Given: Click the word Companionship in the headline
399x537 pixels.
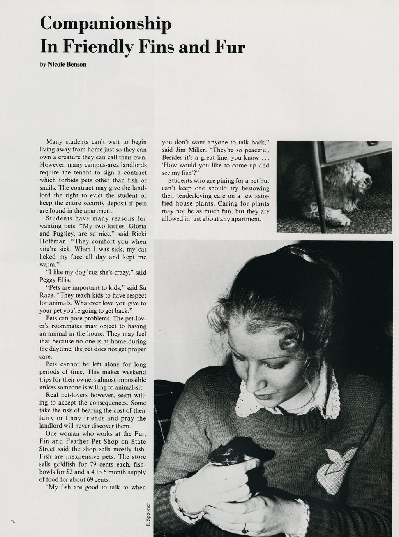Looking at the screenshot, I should (106, 24).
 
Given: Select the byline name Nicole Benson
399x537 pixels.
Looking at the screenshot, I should (67, 64).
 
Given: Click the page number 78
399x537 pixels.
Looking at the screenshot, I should (13, 522).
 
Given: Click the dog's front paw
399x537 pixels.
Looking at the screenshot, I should (343, 220).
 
